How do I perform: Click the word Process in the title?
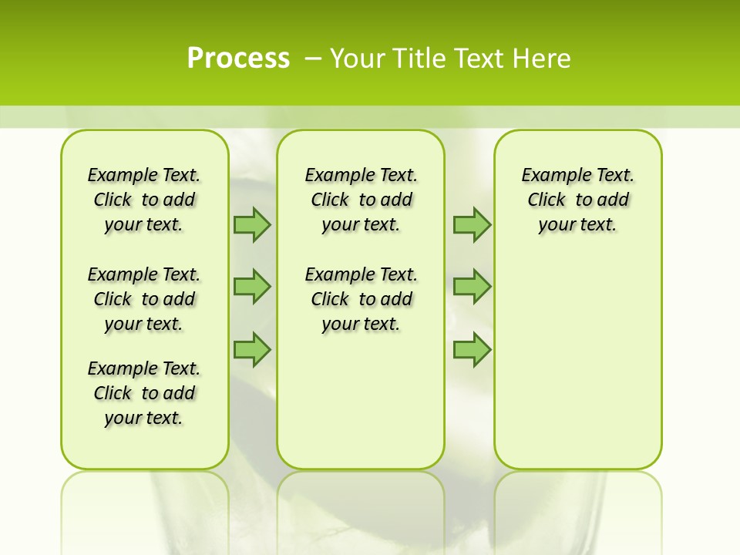coord(238,59)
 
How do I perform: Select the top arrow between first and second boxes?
coord(252,225)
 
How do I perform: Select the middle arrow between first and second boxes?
coord(252,287)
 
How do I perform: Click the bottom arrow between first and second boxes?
coord(252,350)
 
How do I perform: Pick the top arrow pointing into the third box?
coord(472,225)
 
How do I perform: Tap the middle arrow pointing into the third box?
coord(472,287)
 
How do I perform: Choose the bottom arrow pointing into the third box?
coord(472,350)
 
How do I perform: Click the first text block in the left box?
coord(144,200)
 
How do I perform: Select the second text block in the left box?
coord(144,299)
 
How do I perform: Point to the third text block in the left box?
coord(144,393)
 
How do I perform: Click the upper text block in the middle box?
coord(361,200)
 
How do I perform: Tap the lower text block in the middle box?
coord(361,299)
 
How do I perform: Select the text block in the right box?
coord(577,200)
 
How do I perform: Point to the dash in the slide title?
coord(313,59)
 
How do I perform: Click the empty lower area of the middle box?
coord(361,401)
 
